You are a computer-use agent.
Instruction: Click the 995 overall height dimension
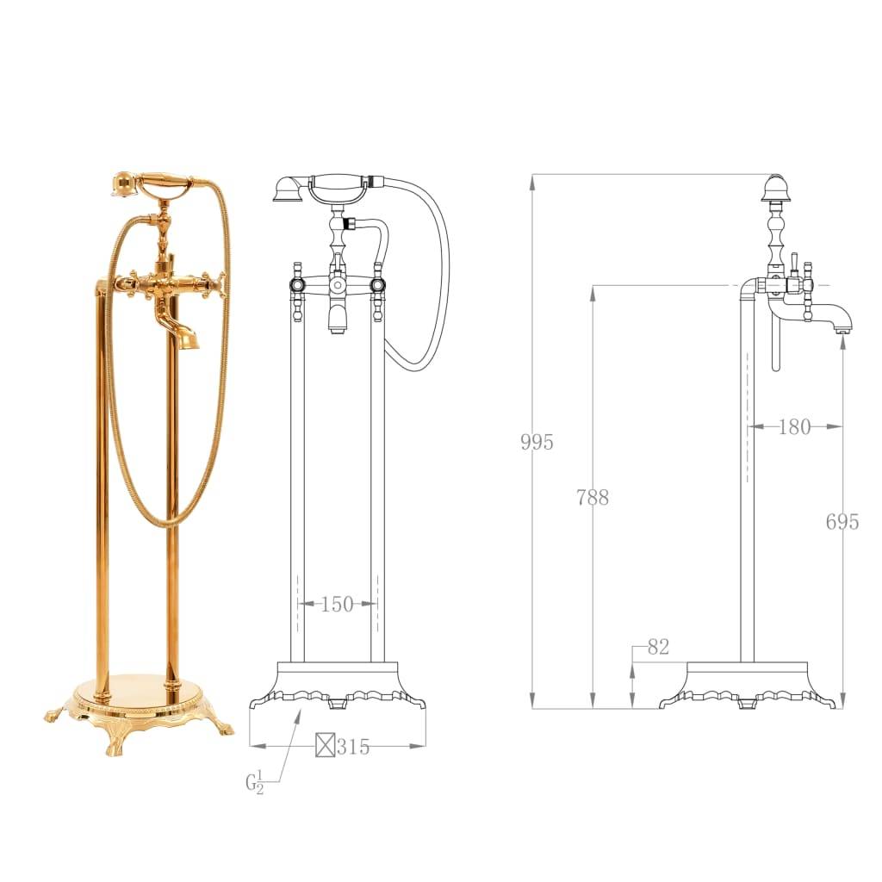point(537,443)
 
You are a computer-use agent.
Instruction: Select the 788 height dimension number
point(593,497)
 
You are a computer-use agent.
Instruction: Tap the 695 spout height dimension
point(842,521)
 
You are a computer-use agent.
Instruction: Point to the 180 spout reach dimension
point(794,426)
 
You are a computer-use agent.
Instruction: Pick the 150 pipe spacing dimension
point(337,605)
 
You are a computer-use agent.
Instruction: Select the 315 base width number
point(353,747)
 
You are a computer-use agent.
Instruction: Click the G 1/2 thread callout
point(255,783)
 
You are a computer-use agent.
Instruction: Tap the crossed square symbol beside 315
point(325,746)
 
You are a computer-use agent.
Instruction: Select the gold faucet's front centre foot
point(115,742)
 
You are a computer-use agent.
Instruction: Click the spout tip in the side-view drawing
point(844,327)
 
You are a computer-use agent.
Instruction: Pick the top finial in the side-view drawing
point(775,187)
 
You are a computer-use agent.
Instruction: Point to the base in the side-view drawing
point(747,686)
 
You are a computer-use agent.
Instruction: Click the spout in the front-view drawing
point(337,319)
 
